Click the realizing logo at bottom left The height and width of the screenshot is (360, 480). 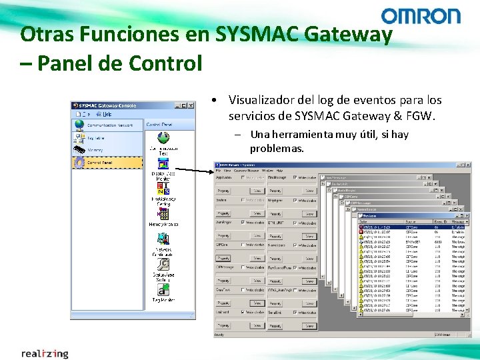45,353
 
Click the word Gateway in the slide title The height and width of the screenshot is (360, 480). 350,34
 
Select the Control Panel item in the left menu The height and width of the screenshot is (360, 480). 100,162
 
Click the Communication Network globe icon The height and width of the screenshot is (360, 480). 79,125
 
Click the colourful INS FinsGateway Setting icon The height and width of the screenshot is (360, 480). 163,189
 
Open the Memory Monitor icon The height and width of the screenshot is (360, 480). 163,214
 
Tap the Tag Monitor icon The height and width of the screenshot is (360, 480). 163,290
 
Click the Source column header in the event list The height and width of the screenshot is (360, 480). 410,221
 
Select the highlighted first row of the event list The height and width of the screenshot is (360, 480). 413,227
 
